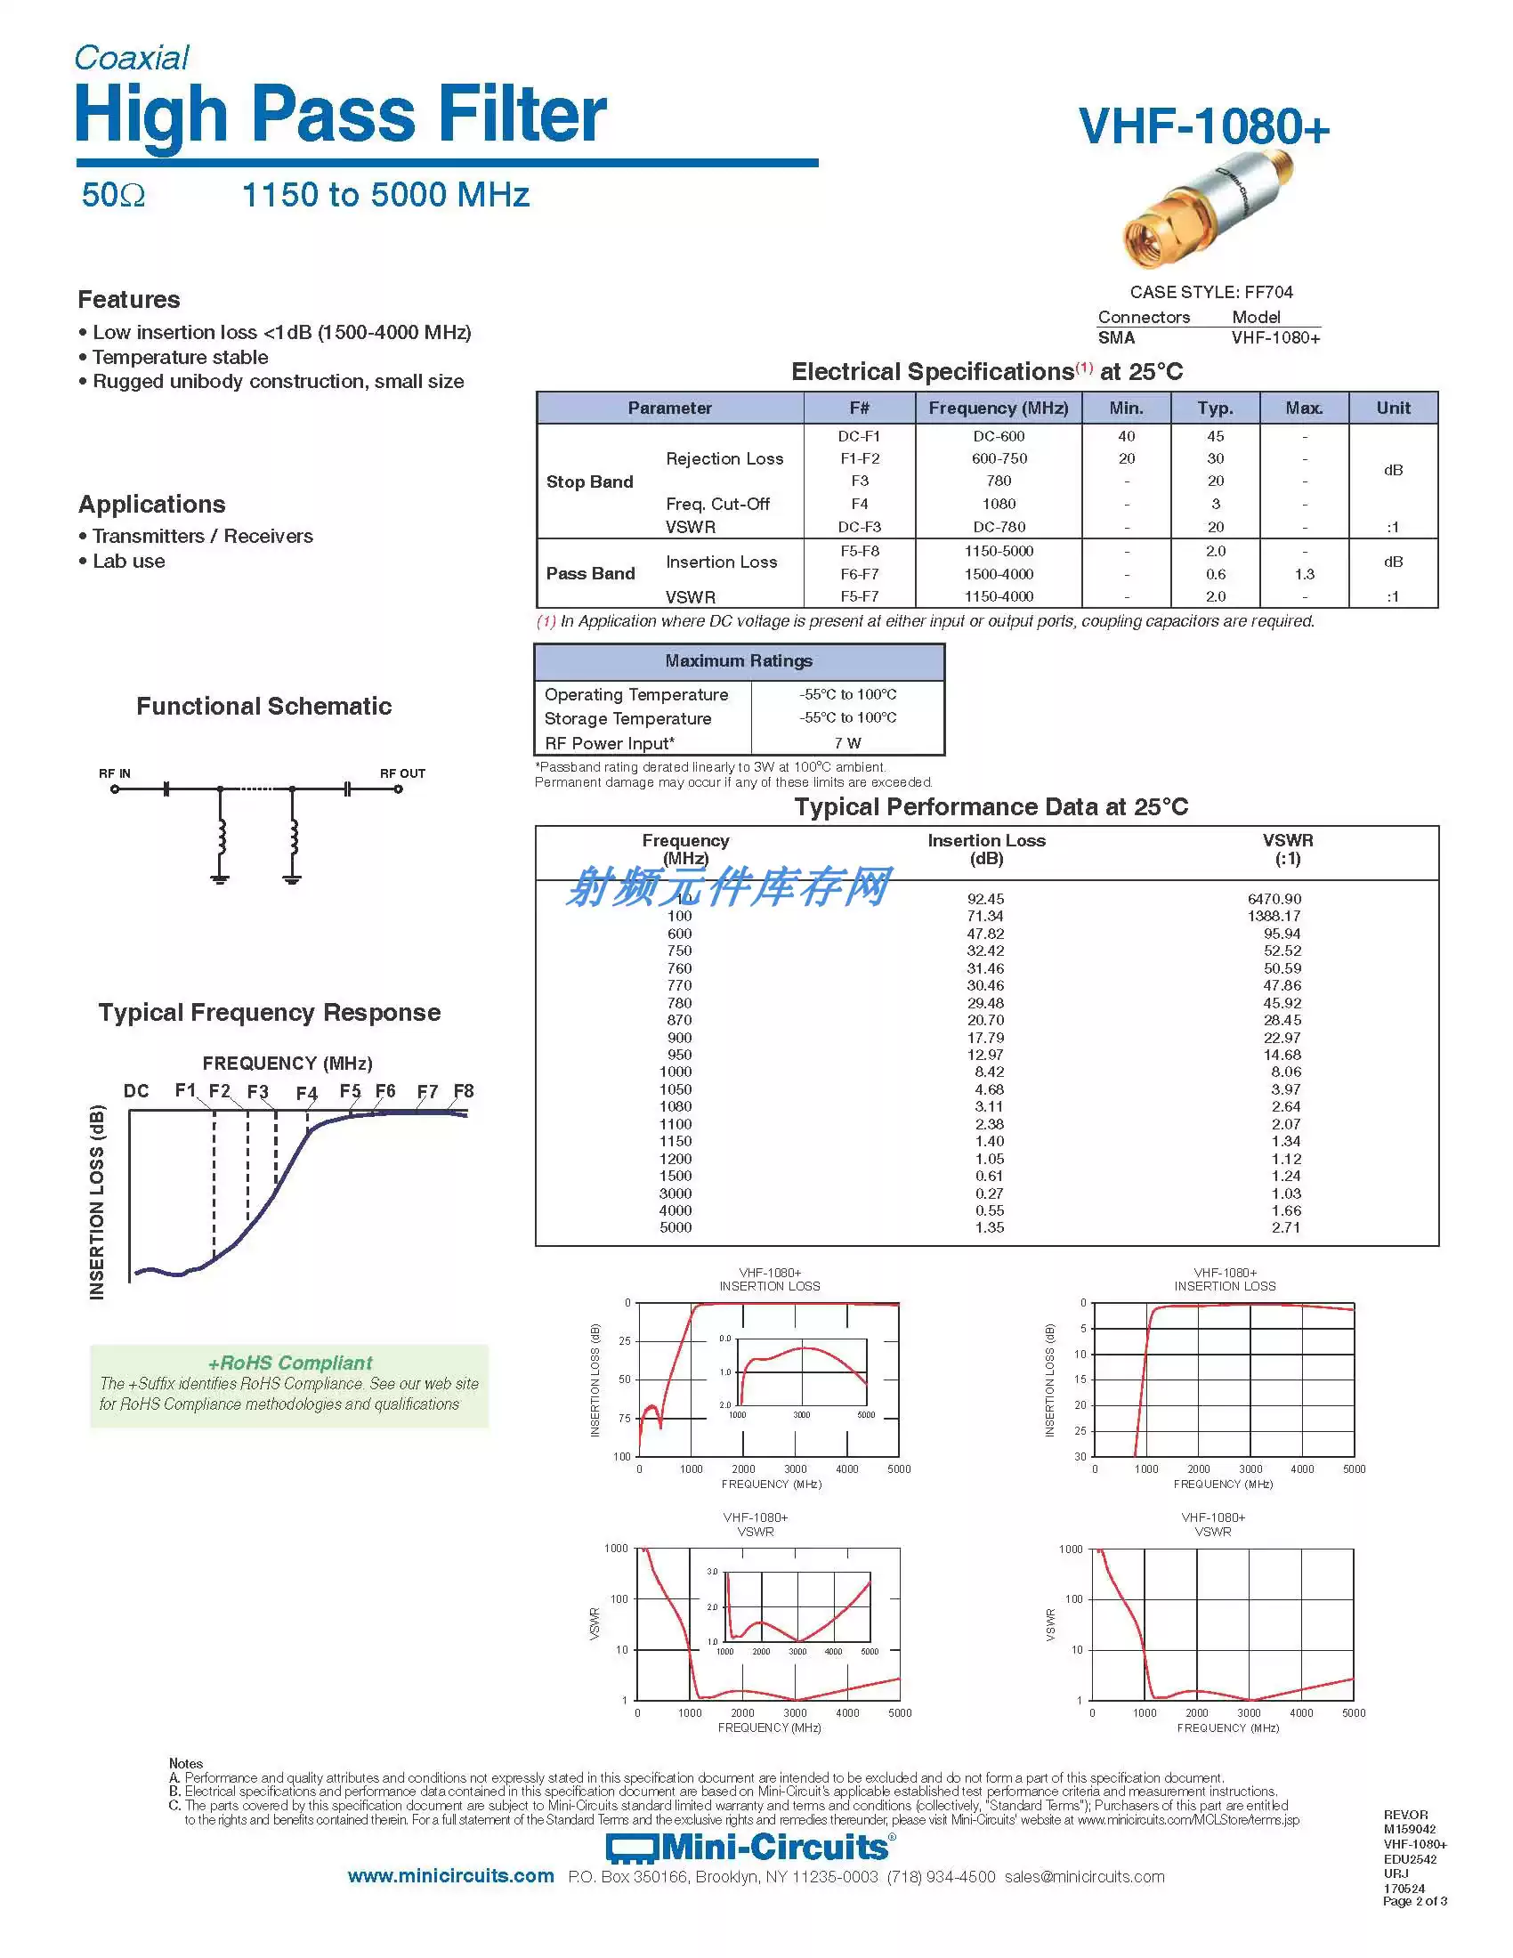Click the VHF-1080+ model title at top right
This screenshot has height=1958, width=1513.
pyautogui.click(x=1204, y=126)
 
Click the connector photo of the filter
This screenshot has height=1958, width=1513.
pyautogui.click(x=1210, y=211)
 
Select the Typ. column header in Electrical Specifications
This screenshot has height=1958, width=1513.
pyautogui.click(x=1215, y=408)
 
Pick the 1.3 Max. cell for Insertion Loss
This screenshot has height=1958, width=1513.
pyautogui.click(x=1304, y=574)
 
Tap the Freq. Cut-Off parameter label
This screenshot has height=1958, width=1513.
pyautogui.click(x=717, y=504)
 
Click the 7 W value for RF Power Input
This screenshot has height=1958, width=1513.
pyautogui.click(x=847, y=743)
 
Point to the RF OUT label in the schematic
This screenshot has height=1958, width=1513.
pyautogui.click(x=402, y=773)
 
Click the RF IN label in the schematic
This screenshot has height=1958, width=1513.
pyautogui.click(x=115, y=773)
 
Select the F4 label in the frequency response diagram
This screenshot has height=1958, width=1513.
pyautogui.click(x=306, y=1093)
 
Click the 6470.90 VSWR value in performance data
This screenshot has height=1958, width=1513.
pyautogui.click(x=1274, y=898)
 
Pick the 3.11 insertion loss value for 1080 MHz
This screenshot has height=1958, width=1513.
pyautogui.click(x=989, y=1106)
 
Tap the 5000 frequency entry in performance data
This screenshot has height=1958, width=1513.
pyautogui.click(x=675, y=1227)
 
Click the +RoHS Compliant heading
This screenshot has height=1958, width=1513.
pyautogui.click(x=289, y=1363)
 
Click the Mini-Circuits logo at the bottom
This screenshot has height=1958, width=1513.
pyautogui.click(x=748, y=1847)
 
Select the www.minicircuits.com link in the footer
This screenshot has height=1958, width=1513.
pyautogui.click(x=451, y=1876)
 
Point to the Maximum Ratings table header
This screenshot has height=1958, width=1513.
pyautogui.click(x=739, y=660)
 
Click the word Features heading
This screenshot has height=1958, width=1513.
pyautogui.click(x=129, y=299)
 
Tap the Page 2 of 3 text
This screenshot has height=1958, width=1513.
pyautogui.click(x=1414, y=1901)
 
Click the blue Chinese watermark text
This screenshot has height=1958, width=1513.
pyautogui.click(x=728, y=887)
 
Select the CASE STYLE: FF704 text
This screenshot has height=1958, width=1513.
pyautogui.click(x=1211, y=292)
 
